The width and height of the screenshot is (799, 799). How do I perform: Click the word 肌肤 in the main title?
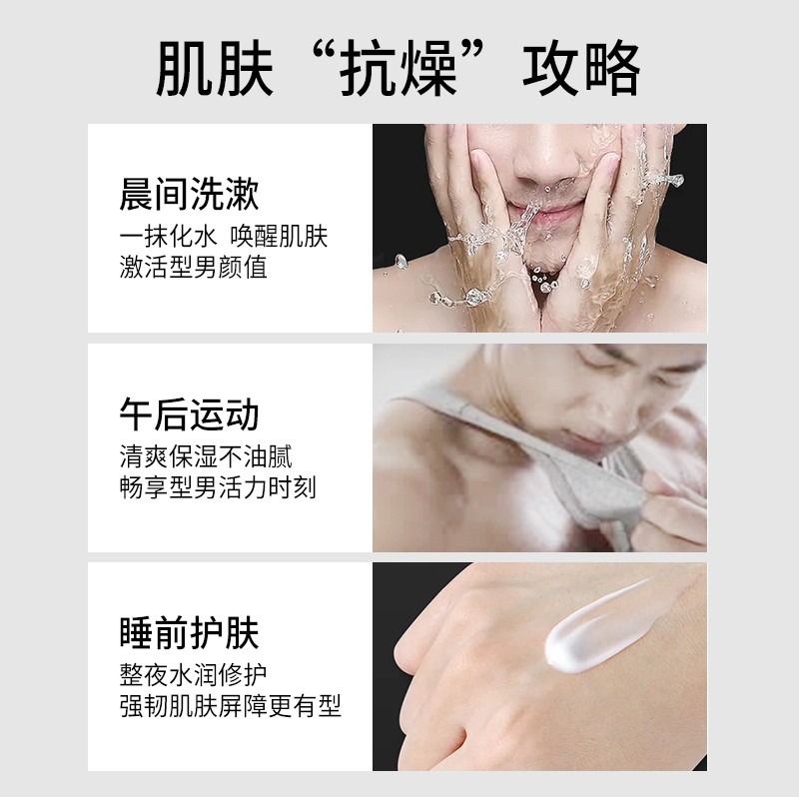pyautogui.click(x=215, y=68)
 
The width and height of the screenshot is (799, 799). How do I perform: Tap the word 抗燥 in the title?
pyautogui.click(x=398, y=68)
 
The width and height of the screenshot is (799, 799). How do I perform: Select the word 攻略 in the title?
pyautogui.click(x=581, y=68)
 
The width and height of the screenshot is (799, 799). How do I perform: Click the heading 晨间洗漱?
pyautogui.click(x=189, y=194)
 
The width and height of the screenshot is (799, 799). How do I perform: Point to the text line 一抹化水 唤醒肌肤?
pyautogui.click(x=223, y=236)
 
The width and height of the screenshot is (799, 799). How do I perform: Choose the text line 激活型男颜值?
pyautogui.click(x=193, y=267)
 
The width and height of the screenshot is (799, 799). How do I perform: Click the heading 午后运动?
pyautogui.click(x=189, y=414)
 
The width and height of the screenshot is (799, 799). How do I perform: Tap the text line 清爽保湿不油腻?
pyautogui.click(x=206, y=456)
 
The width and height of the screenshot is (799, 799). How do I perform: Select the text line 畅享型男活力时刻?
pyautogui.click(x=218, y=487)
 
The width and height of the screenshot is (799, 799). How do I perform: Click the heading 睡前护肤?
pyautogui.click(x=189, y=633)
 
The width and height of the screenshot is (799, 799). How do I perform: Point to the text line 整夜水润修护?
pyautogui.click(x=193, y=675)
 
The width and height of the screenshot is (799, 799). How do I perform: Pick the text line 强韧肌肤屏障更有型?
pyautogui.click(x=231, y=706)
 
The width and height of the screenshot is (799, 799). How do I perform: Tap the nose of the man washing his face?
pyautogui.click(x=545, y=163)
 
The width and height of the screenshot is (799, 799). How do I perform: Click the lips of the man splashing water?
pyautogui.click(x=553, y=213)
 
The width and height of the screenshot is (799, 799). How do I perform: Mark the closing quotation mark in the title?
pyautogui.click(x=473, y=53)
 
